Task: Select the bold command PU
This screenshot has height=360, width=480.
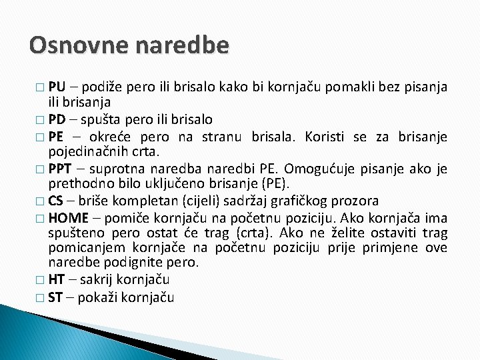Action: point(57,87)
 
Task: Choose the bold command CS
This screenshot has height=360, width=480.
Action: point(56,200)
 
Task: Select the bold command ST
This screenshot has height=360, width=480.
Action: point(56,297)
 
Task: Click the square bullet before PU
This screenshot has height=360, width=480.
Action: point(41,88)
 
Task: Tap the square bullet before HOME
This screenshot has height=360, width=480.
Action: point(41,217)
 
